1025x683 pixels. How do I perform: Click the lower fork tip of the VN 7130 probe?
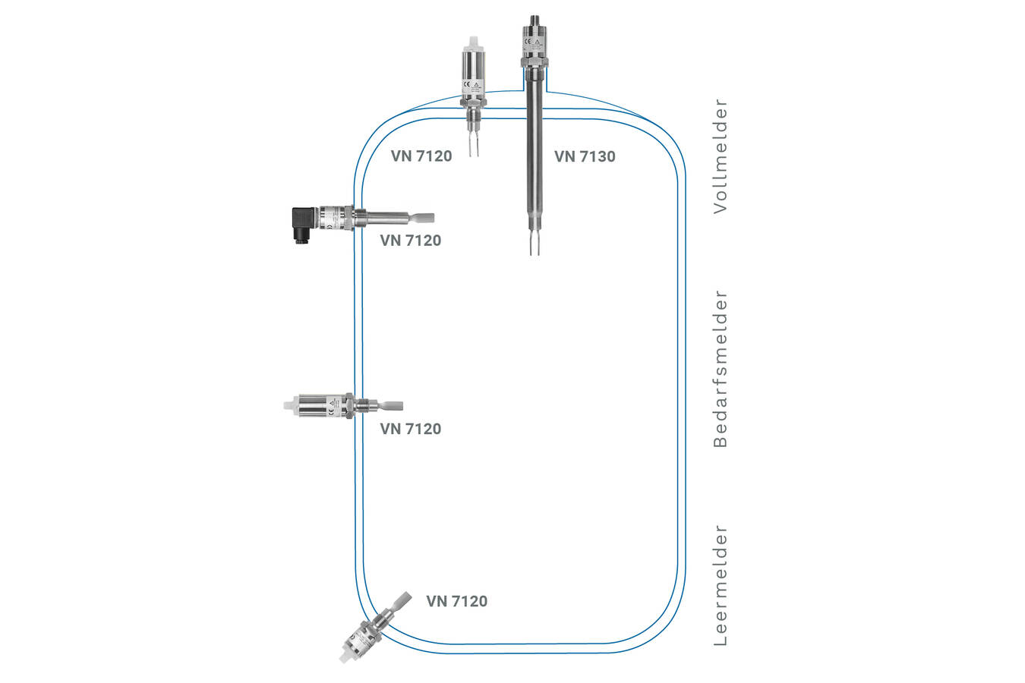pos(535,255)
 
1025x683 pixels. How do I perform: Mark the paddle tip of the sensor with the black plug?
pos(434,219)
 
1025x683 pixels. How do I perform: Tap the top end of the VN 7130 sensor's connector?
pos(535,17)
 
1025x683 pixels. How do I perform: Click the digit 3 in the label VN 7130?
pos(598,156)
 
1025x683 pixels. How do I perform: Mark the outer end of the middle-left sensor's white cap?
pos(284,405)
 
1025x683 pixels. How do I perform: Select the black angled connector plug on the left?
pos(304,225)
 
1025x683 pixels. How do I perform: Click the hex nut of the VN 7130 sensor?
pos(535,61)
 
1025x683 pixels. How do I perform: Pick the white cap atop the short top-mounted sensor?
pos(473,43)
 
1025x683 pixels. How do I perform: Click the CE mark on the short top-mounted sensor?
pos(467,84)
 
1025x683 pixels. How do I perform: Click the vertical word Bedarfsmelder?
pos(721,368)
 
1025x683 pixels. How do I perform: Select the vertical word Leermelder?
pos(721,585)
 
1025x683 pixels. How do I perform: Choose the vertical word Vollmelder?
pos(721,156)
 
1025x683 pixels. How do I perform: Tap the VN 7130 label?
pos(585,156)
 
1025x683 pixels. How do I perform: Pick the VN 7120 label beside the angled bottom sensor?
pos(456,601)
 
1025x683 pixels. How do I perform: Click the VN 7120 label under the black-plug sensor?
pos(411,240)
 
